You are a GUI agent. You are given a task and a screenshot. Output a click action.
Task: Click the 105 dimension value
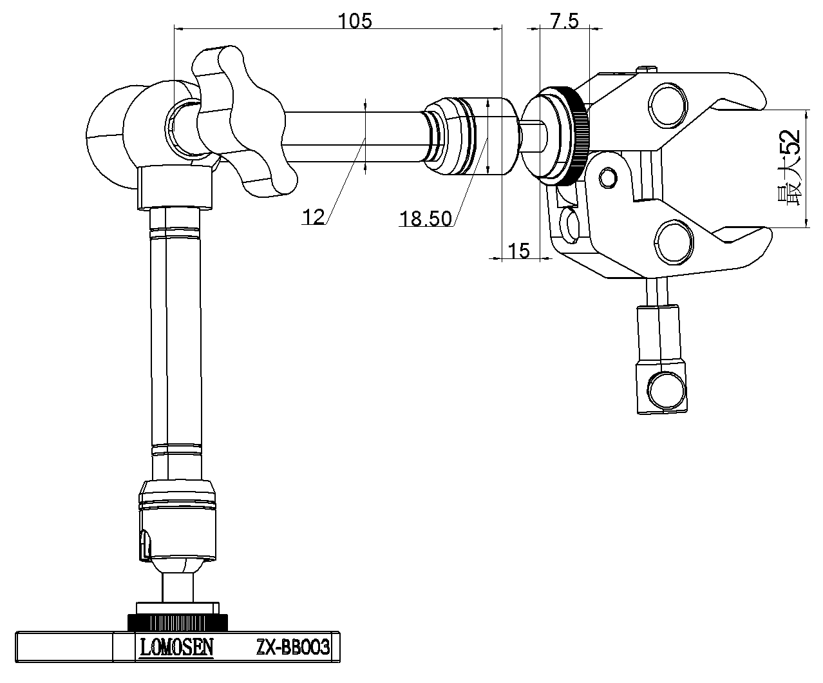click(355, 21)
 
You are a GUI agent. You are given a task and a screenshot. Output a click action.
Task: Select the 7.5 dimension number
click(564, 21)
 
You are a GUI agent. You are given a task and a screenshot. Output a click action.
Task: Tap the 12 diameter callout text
click(314, 217)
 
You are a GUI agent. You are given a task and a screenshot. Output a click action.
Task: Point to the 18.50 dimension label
click(425, 219)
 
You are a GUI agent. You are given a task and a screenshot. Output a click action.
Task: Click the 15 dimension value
click(519, 250)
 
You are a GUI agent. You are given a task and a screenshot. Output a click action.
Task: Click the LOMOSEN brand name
click(175, 646)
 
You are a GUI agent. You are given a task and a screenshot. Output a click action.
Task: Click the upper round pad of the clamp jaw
click(669, 105)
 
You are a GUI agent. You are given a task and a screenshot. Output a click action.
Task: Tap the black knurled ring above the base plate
click(178, 622)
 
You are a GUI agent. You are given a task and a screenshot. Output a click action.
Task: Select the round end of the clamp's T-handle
click(663, 390)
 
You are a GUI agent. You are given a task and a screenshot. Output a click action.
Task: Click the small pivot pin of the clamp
click(607, 175)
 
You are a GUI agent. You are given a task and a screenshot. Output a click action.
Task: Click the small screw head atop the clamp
click(647, 68)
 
